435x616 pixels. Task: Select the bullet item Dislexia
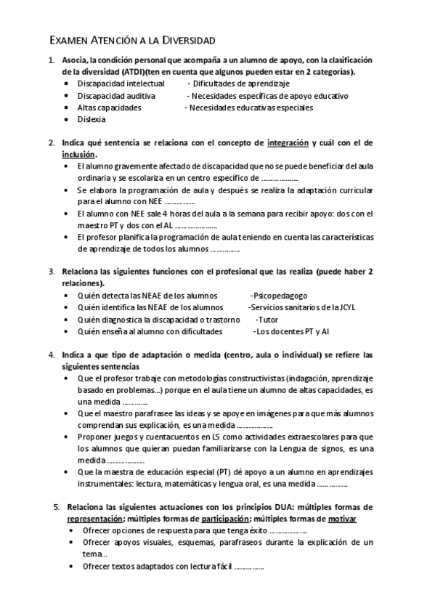click(92, 119)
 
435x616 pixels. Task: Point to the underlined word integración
click(288, 143)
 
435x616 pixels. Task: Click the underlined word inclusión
click(78, 155)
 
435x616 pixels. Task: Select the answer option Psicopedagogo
click(279, 296)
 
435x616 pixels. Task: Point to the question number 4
click(52, 354)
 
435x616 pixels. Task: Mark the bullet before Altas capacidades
click(68, 108)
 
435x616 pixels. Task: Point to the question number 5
click(56, 507)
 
